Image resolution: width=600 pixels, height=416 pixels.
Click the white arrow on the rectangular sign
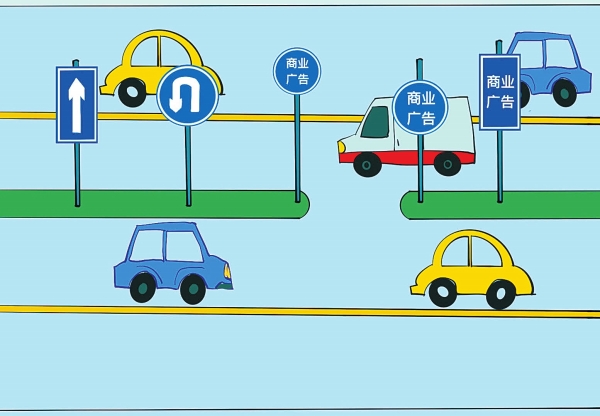76,103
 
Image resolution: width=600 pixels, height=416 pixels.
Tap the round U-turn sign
187,96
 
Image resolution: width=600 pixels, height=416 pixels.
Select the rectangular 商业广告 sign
499,92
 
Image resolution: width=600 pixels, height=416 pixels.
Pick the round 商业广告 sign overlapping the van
420,108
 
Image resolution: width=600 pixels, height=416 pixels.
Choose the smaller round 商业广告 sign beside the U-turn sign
297,72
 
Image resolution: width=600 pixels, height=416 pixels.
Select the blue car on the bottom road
171,261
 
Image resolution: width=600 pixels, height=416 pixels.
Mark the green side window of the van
376,122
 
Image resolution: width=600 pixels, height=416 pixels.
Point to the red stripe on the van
400,156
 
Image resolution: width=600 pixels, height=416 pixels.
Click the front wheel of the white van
368,163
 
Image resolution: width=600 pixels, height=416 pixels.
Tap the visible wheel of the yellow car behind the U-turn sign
132,93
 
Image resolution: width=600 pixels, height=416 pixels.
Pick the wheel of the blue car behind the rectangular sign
565,93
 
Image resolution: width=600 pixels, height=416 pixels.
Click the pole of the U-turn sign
187,165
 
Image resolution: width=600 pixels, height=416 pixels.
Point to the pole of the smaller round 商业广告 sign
297,150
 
